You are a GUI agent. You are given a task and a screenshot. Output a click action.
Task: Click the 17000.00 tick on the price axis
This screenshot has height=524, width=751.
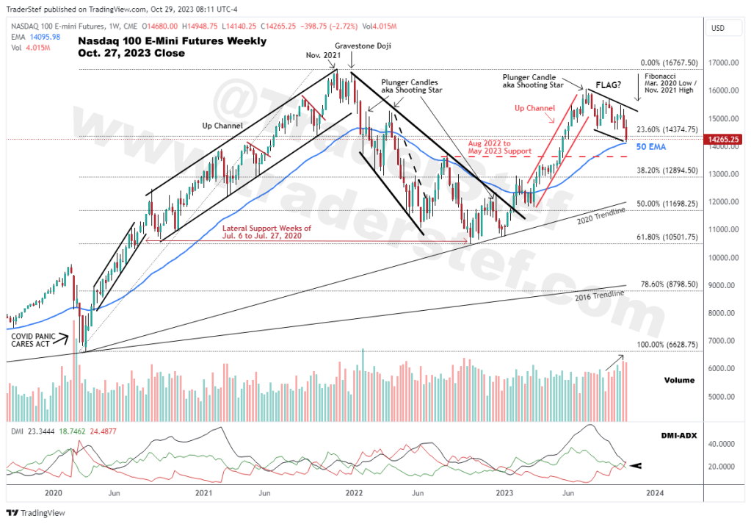pyautogui.click(x=722, y=63)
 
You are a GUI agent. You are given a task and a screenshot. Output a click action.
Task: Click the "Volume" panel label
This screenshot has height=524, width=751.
pyautogui.click(x=679, y=381)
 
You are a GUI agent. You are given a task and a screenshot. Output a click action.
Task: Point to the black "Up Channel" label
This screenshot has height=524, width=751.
pyautogui.click(x=222, y=126)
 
